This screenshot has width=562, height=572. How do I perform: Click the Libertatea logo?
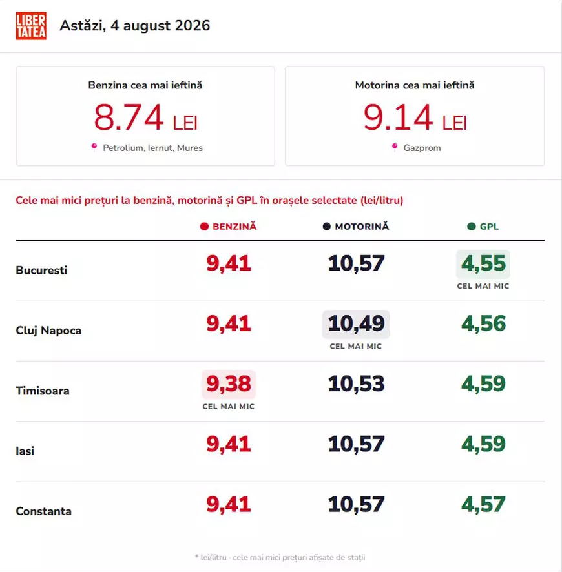point(31,26)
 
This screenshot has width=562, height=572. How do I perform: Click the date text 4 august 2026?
point(160,26)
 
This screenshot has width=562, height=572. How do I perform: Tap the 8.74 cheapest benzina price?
point(129,117)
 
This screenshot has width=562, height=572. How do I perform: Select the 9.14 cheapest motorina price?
point(398,117)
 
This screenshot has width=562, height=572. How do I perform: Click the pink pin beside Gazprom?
point(395,147)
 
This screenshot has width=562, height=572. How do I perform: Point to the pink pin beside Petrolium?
point(94,147)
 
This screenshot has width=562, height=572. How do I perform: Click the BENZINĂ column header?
point(229,227)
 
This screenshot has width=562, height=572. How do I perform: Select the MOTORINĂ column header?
point(356,227)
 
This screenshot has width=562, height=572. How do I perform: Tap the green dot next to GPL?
point(472,227)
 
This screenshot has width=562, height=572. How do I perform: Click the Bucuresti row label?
point(41,270)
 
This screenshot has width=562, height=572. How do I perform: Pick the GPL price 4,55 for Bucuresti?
point(483,263)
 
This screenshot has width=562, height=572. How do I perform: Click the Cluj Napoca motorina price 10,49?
point(356,323)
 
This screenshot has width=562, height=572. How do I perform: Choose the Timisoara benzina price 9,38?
point(229,383)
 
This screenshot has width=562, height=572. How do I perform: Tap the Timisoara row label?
point(43,391)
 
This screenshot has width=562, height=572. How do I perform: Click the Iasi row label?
point(25,451)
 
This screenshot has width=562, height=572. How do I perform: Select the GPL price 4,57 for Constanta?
point(483,504)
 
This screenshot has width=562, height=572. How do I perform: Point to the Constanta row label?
point(44,511)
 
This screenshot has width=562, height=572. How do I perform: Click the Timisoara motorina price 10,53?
point(356,383)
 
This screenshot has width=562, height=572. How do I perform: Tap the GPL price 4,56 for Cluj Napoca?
point(483,323)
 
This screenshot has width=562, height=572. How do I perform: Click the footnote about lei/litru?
point(280,557)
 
